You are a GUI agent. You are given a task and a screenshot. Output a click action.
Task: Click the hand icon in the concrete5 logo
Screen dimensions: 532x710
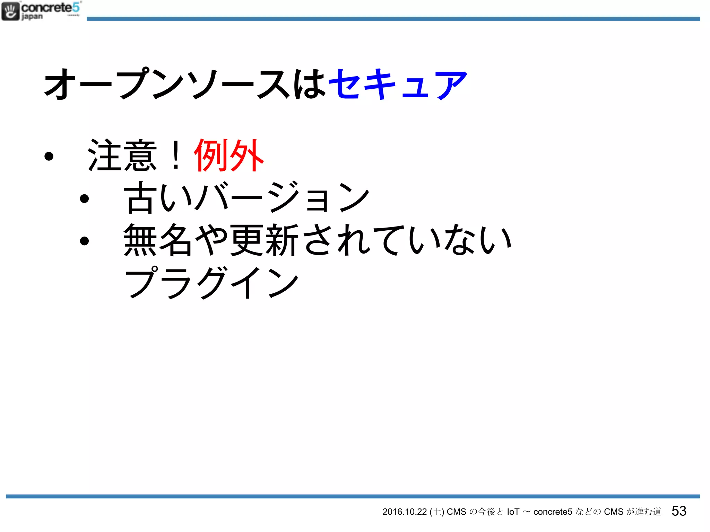pos(10,11)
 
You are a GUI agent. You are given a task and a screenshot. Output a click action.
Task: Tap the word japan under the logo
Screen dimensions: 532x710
pos(32,17)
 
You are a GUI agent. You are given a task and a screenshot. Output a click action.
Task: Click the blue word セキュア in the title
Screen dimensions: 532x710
pos(398,84)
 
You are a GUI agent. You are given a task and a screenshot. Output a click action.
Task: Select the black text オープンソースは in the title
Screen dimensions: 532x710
pos(185,84)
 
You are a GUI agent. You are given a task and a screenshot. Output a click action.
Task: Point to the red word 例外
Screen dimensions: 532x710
pos(229,156)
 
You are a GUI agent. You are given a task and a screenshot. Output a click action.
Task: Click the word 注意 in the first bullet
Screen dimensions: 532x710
pos(122,156)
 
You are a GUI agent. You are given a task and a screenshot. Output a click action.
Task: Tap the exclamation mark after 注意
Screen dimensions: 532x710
pos(176,156)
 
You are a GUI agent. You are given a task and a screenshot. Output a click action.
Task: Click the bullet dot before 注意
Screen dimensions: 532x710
pos(49,156)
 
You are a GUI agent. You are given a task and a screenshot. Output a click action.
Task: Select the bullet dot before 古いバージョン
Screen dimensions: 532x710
pos(84,199)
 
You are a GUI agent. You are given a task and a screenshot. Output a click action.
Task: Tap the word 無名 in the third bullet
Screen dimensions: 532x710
pos(158,240)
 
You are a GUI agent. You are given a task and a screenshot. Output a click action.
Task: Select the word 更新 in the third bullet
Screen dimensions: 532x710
pos(265,240)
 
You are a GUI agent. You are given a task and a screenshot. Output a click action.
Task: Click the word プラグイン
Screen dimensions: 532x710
pos(211,283)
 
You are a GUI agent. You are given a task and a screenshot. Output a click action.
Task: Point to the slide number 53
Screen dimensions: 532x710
pos(679,511)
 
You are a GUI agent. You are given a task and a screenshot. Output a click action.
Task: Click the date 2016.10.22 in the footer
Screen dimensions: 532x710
pos(404,512)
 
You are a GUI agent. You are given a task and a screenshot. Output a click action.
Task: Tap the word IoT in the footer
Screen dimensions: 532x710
pos(513,512)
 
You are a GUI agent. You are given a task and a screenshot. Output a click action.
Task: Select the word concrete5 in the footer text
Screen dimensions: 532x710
pos(553,512)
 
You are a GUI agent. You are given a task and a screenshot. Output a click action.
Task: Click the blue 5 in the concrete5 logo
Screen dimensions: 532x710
pos(76,7)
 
